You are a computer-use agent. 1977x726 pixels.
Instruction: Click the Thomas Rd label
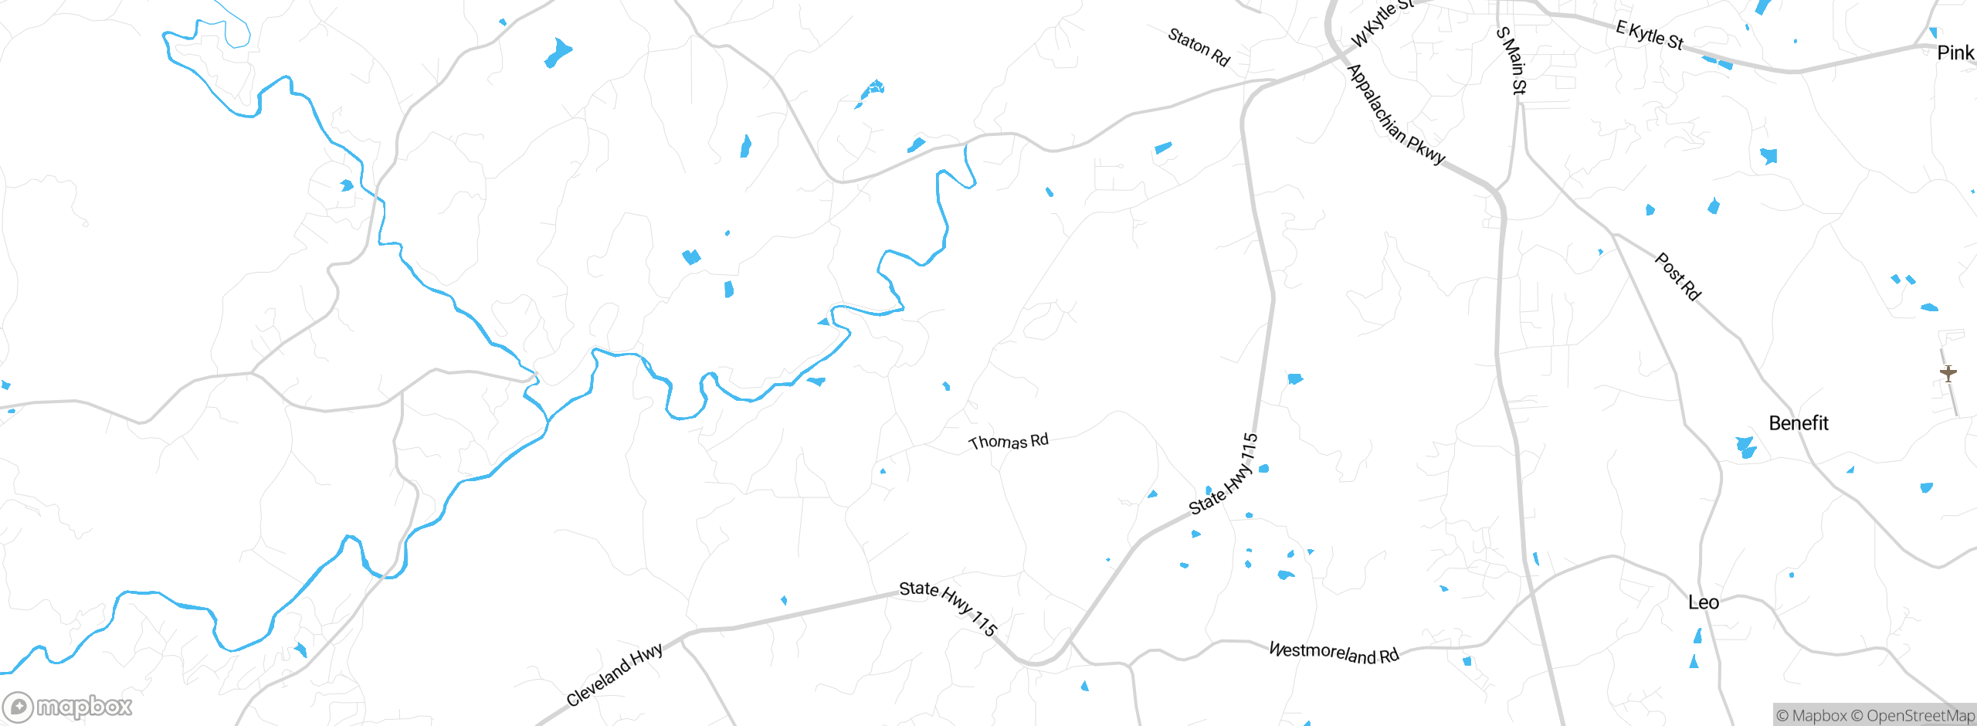tap(1009, 441)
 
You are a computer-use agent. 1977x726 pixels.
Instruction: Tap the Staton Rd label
tap(1199, 47)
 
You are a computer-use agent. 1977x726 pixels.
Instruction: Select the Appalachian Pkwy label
tap(1395, 114)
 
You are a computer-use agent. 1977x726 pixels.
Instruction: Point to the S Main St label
tap(1511, 60)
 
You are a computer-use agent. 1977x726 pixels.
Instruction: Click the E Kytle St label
tap(1650, 35)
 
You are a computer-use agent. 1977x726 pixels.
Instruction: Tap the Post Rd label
tap(1678, 276)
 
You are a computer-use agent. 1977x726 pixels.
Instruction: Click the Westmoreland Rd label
tap(1334, 653)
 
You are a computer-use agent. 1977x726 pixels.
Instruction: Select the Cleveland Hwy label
tap(614, 675)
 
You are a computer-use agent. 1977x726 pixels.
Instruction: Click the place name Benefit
tap(1799, 423)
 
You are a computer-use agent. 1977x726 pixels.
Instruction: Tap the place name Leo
tap(1703, 602)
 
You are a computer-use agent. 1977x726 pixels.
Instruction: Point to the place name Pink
tap(1955, 53)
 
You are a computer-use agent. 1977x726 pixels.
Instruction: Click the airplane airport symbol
tap(1948, 373)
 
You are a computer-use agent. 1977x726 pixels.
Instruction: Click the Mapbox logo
tap(68, 707)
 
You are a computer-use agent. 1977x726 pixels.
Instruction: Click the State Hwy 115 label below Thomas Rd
tap(1223, 474)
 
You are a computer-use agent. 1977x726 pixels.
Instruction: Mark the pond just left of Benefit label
tap(1745, 447)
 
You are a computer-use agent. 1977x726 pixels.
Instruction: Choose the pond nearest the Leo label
tap(1697, 636)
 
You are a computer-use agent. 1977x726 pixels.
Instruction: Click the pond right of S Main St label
tap(1768, 156)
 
